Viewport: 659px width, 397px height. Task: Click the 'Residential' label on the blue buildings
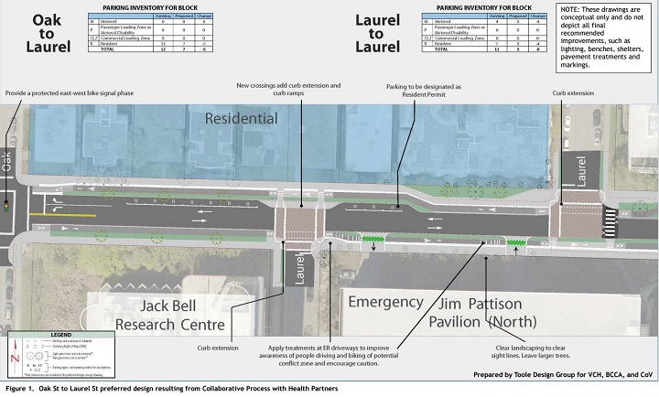point(242,118)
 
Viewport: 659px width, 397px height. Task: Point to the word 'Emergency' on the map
point(393,302)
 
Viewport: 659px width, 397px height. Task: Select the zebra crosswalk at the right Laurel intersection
point(608,219)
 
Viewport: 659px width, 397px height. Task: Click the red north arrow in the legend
point(12,361)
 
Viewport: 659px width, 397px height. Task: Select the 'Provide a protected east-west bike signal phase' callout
point(74,93)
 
